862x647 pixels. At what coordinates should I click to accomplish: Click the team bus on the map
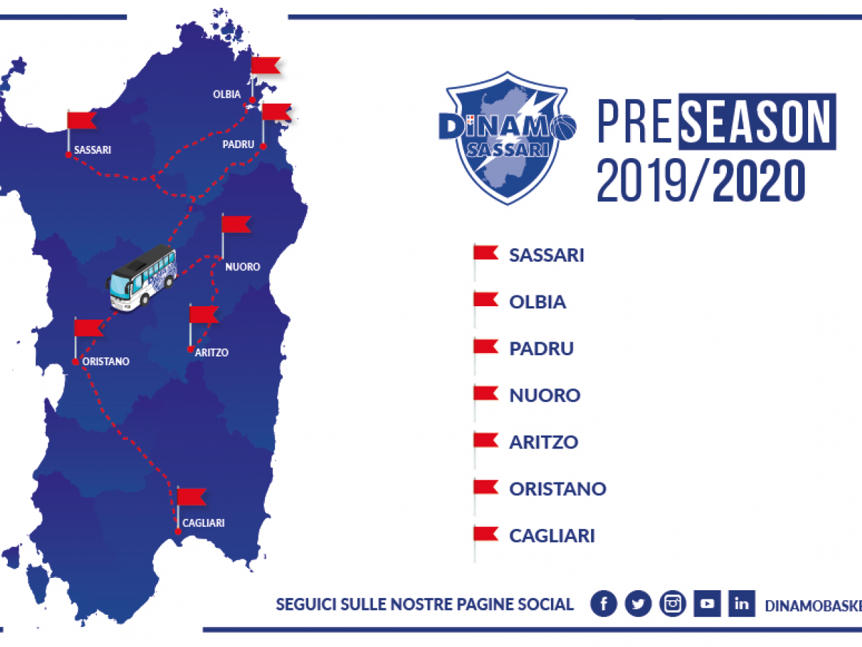[x=142, y=277]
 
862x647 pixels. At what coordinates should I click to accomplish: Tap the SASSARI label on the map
[x=93, y=150]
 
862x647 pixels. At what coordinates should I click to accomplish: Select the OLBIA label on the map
[x=226, y=94]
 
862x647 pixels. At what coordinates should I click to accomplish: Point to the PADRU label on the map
[x=238, y=144]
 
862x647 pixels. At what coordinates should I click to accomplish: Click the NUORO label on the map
[x=243, y=267]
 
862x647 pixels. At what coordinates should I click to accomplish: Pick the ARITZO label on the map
[x=212, y=353]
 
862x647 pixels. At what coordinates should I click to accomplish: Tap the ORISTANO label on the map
[x=106, y=362]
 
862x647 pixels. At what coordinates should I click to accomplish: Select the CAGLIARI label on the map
[x=203, y=523]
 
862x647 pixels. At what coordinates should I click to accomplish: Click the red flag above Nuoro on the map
[x=236, y=225]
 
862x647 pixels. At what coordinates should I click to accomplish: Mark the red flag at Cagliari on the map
[x=191, y=497]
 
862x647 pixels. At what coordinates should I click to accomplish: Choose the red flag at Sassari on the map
[x=81, y=121]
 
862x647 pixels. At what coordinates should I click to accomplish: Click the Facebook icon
[x=603, y=604]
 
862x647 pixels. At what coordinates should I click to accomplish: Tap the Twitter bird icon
[x=638, y=604]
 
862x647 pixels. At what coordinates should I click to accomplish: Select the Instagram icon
[x=672, y=604]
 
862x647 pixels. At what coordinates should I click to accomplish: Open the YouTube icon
[x=708, y=604]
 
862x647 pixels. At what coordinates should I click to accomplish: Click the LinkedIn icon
[x=742, y=604]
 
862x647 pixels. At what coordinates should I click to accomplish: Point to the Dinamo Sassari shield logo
[x=507, y=138]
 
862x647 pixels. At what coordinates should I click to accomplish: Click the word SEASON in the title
[x=758, y=121]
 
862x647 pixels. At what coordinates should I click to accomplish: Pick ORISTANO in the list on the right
[x=557, y=489]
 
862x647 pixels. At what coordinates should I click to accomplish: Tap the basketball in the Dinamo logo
[x=564, y=127]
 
